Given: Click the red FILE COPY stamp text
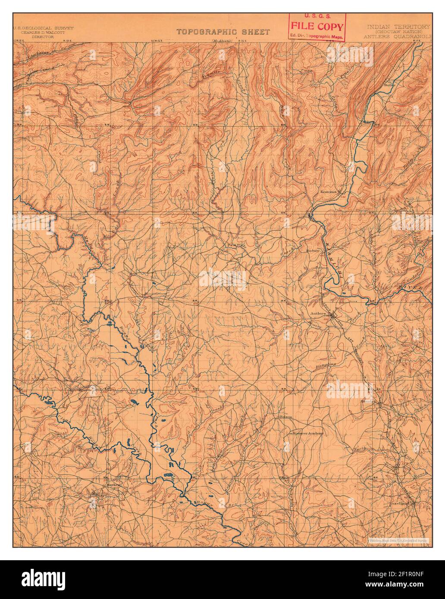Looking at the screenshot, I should tap(317, 27).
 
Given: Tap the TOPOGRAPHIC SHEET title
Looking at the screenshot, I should tap(223, 32).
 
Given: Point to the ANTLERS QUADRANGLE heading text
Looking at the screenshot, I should tap(397, 37).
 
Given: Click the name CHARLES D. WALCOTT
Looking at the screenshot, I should tap(43, 32).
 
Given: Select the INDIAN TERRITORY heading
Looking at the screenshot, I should tap(398, 27).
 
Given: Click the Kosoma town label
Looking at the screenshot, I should tap(328, 191).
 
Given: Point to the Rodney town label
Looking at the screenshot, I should tap(312, 250).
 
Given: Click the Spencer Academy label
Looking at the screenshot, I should tap(308, 433).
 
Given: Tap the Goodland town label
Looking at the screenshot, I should tap(398, 503).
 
